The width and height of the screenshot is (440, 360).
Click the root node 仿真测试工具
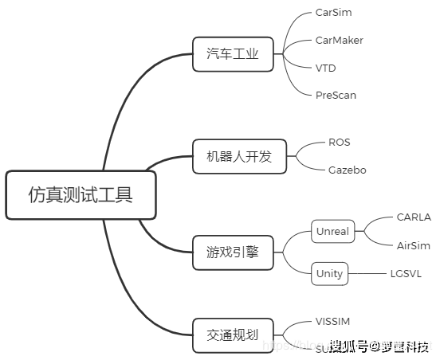81,194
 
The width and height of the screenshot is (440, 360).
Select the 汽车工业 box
233,55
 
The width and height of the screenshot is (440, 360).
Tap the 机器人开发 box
233,156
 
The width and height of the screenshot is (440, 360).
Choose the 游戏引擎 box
233,251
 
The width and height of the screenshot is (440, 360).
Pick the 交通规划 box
233,335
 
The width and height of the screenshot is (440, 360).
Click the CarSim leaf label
333,13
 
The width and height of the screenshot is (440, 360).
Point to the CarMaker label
340,40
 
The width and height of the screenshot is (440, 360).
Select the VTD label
325,68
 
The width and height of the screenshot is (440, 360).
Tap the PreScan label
336,95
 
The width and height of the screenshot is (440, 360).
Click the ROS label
339,142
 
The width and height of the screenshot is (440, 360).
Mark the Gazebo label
347,170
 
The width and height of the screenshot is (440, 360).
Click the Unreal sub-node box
332,231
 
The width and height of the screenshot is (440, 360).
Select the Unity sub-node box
329,273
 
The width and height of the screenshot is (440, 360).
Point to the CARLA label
413,217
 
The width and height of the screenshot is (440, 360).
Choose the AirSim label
413,245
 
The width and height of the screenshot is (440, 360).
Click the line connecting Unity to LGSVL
367,273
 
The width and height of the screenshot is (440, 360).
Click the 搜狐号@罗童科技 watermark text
379,346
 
